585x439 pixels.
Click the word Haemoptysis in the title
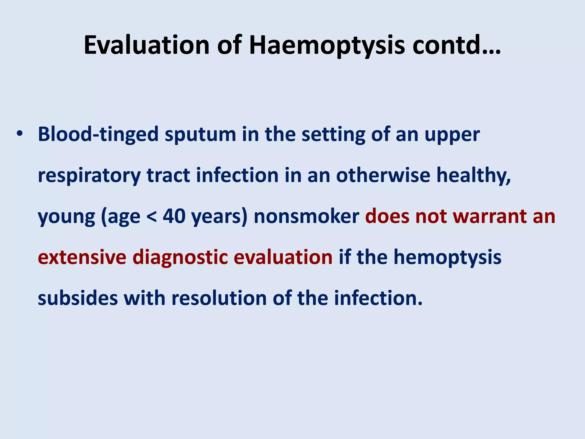[327, 45]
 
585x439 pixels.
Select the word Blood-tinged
[98, 134]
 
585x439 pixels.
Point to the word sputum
[200, 134]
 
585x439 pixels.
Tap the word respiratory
[89, 176]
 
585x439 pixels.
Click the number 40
[174, 216]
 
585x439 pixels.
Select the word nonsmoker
[306, 216]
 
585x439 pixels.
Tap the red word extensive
[82, 257]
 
